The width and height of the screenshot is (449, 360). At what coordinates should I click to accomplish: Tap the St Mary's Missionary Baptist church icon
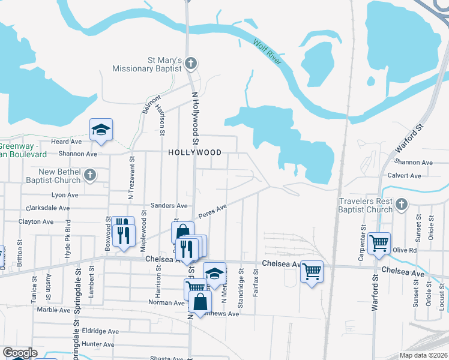coord(190,62)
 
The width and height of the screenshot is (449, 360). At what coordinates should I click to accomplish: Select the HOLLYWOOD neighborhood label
coord(194,152)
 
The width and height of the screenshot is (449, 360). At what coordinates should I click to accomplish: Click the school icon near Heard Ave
coord(101,129)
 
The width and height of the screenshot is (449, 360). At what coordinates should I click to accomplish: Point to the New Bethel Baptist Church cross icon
coord(90,175)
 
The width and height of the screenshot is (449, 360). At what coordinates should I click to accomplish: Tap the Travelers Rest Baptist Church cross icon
coord(402,205)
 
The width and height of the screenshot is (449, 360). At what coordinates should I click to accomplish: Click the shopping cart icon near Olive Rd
coord(379,243)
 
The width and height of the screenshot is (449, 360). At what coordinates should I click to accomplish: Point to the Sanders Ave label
coord(169,205)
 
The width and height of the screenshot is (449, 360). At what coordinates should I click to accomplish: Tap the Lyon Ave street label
coord(65,195)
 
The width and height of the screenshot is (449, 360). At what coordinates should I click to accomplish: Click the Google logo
coord(19,353)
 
